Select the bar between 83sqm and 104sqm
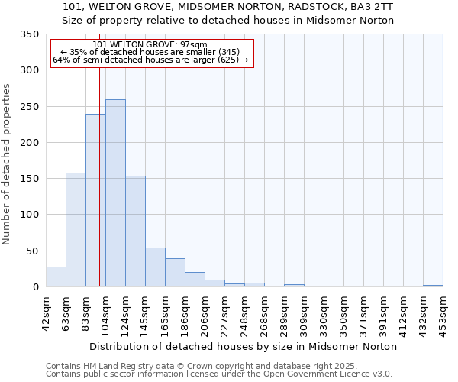(x=95, y=200)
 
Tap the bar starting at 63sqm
(x=76, y=230)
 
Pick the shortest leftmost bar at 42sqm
(x=56, y=277)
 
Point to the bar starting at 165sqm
(x=175, y=273)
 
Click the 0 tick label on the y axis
(x=35, y=286)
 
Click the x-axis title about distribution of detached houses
(x=244, y=346)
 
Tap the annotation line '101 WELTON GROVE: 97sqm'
(x=149, y=44)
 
